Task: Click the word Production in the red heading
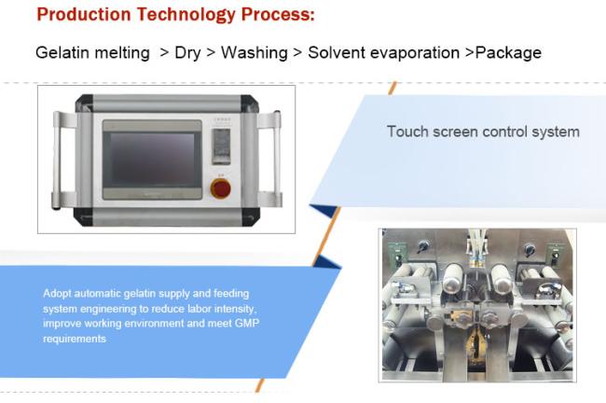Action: click(x=84, y=15)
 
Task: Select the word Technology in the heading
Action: click(x=186, y=16)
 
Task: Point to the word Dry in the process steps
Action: click(x=187, y=53)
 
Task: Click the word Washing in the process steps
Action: click(x=254, y=53)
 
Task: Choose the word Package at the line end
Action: click(x=508, y=53)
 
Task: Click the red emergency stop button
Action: click(x=221, y=188)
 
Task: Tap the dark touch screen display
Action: click(x=152, y=159)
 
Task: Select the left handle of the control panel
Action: click(x=57, y=160)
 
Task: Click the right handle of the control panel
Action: click(x=277, y=160)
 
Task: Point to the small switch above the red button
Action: click(x=221, y=146)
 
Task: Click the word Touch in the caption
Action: click(x=406, y=132)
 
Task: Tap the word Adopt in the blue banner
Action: click(x=57, y=294)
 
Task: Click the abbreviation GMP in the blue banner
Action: click(x=246, y=323)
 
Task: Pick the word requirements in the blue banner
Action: click(x=75, y=340)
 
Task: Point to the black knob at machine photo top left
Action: click(x=423, y=247)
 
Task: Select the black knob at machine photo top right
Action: click(x=530, y=250)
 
